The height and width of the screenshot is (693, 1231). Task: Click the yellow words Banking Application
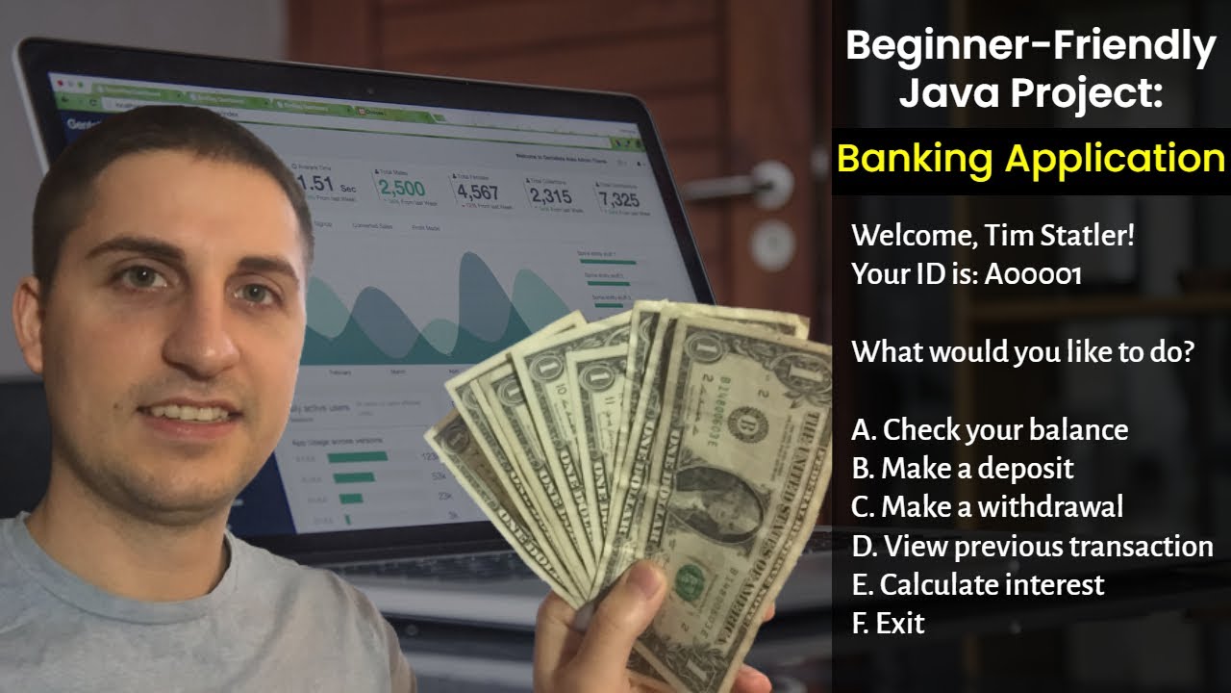[x=1031, y=158]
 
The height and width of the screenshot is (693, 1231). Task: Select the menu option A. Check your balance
[x=990, y=429]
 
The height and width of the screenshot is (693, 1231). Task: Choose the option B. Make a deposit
[x=963, y=468]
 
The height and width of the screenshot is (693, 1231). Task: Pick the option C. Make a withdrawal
[x=988, y=506]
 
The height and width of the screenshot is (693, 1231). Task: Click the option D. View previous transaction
[x=1032, y=546]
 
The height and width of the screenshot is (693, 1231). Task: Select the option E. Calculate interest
[x=978, y=584]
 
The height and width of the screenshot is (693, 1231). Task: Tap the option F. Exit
[x=888, y=623]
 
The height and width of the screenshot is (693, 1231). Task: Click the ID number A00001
[x=1033, y=274]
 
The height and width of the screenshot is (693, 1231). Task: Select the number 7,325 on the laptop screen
[x=617, y=199]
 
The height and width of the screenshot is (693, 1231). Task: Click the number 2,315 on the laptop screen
[x=550, y=195]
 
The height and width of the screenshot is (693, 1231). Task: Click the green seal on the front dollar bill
[x=690, y=580]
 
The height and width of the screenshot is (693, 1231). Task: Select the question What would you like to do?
[x=1022, y=351]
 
